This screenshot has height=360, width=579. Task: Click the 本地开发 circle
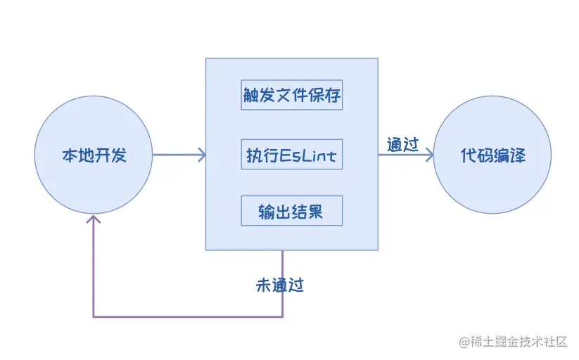[x=94, y=155]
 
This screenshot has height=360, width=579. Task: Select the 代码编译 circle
[x=492, y=155]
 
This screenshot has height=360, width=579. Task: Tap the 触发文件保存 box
[x=291, y=95]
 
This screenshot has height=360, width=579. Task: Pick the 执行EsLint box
[x=291, y=155]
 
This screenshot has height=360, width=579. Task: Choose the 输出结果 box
[x=291, y=211]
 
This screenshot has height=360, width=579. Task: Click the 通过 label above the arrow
[x=403, y=144]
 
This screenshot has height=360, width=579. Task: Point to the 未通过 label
[x=280, y=285]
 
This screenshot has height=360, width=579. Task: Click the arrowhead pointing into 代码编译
[x=428, y=155]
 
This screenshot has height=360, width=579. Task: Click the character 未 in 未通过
[x=264, y=285]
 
